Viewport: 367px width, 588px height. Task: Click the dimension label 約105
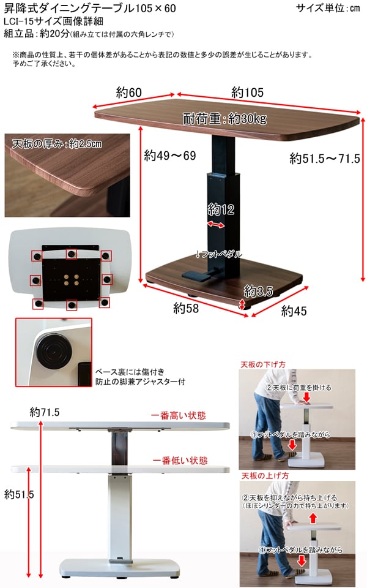tap(247, 92)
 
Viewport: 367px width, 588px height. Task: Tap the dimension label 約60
tap(128, 92)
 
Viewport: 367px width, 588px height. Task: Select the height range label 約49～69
tap(169, 156)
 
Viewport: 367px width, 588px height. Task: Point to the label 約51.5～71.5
tap(324, 159)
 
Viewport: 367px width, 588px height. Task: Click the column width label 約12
tap(221, 209)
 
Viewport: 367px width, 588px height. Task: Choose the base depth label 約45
tap(294, 311)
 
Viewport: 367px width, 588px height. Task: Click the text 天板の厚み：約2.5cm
tap(57, 144)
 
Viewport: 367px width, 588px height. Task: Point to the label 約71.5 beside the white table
tap(45, 412)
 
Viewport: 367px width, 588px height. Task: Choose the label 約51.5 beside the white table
tap(18, 494)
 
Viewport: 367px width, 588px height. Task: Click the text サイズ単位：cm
tap(328, 9)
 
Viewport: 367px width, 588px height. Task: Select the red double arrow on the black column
tap(215, 225)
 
